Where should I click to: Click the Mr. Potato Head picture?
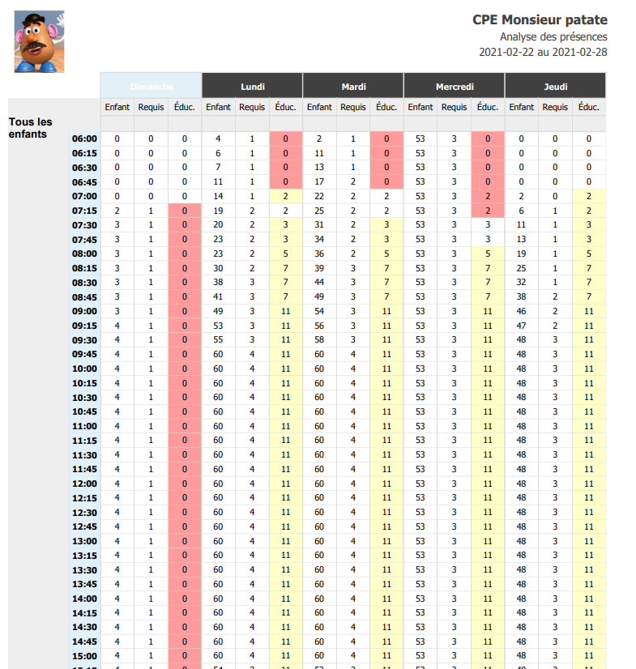click(39, 42)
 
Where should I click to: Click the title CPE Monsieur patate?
click(540, 20)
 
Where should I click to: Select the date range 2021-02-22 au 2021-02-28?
click(543, 53)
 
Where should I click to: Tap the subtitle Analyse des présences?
click(553, 36)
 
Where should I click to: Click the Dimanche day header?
click(151, 86)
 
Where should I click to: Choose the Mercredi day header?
click(454, 86)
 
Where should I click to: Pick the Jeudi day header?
click(555, 86)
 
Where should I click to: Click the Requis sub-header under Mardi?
click(352, 107)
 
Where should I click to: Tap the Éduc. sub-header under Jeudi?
click(589, 107)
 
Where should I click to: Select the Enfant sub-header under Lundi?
click(218, 107)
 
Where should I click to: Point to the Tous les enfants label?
click(31, 128)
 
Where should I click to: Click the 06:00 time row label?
click(84, 139)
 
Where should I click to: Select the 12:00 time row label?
click(84, 484)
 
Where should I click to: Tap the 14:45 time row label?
click(84, 641)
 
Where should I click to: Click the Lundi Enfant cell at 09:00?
click(218, 311)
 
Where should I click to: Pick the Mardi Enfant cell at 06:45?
click(319, 182)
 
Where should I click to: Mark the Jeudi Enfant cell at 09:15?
click(521, 326)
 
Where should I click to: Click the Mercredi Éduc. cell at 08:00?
click(488, 254)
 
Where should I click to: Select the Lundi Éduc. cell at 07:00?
click(285, 197)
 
